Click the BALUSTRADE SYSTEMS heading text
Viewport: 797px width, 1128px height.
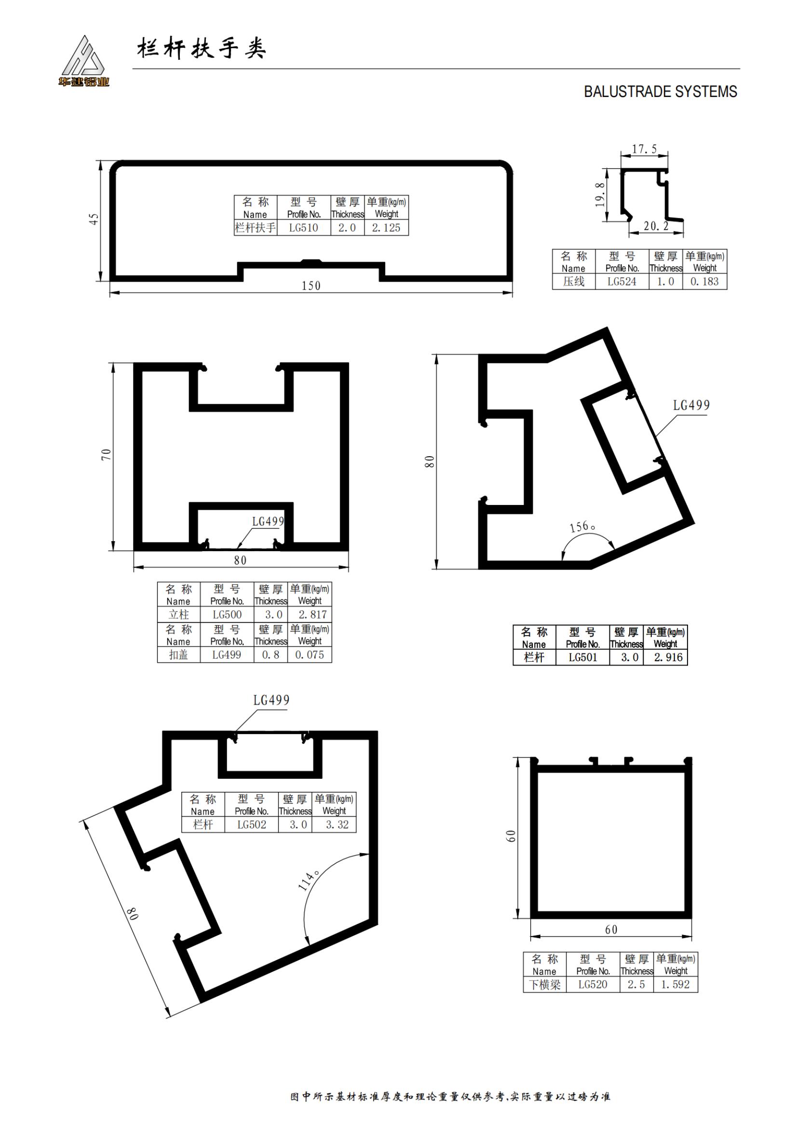(x=660, y=92)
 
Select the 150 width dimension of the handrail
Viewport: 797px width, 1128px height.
(x=311, y=285)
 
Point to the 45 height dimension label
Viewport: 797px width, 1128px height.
(x=94, y=218)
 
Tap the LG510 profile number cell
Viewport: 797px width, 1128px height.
(x=303, y=228)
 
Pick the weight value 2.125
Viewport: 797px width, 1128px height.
(x=386, y=228)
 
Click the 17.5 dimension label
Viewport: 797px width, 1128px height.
(x=644, y=149)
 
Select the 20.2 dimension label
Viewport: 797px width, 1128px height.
(x=656, y=226)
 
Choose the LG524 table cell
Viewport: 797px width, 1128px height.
(x=621, y=282)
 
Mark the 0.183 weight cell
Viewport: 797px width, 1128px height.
(x=704, y=282)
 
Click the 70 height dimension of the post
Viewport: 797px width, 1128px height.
(x=107, y=454)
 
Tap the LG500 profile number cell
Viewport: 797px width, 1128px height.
(x=227, y=614)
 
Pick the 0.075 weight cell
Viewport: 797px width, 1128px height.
(x=310, y=655)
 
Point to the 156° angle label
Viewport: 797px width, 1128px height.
(x=583, y=527)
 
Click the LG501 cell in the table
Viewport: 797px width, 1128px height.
(x=583, y=657)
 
